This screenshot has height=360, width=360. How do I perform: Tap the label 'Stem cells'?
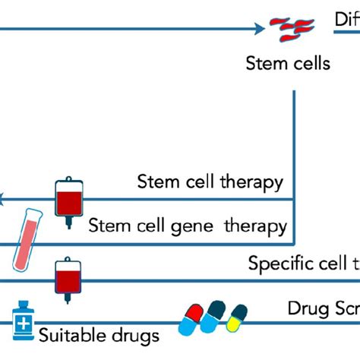(x=288, y=63)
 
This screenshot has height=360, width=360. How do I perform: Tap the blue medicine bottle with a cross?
(x=24, y=324)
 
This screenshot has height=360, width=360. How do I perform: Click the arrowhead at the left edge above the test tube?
(x=3, y=200)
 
